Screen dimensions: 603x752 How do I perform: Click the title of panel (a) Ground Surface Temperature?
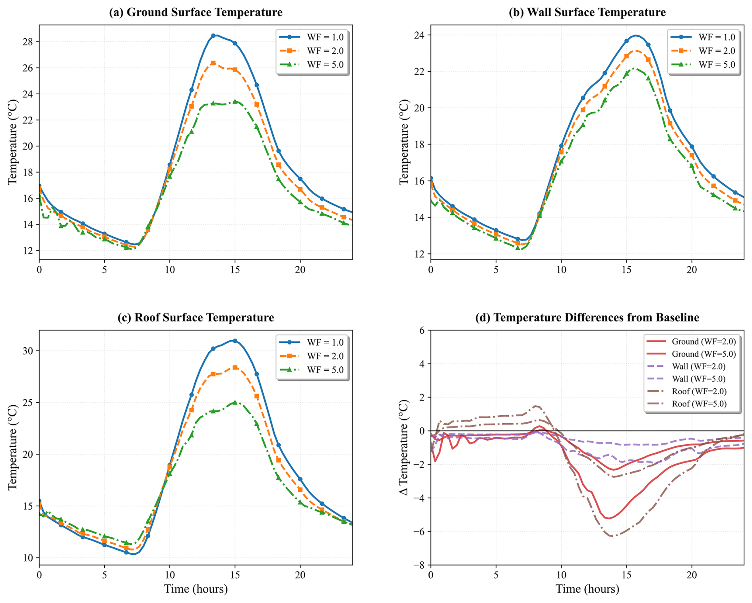point(196,12)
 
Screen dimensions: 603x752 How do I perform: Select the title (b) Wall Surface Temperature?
point(587,12)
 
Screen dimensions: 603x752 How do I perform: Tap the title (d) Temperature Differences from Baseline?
point(587,317)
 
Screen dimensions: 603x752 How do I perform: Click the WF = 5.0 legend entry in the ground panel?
point(325,64)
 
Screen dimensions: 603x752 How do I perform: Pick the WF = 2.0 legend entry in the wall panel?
point(717,51)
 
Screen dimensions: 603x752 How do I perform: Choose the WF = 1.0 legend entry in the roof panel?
point(325,342)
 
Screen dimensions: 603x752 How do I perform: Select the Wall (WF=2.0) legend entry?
point(698,366)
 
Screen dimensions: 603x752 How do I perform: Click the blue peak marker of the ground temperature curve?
point(213,35)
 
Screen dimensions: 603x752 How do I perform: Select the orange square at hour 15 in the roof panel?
point(235,368)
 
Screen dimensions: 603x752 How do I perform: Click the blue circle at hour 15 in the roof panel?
point(235,341)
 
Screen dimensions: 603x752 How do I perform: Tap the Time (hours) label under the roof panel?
point(196,589)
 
